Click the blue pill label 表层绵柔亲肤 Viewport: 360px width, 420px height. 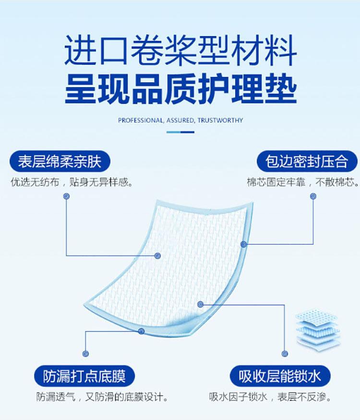(x=60, y=161)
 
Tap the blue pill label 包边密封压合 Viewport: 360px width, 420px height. (x=306, y=161)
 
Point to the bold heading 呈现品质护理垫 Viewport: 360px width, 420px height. (x=180, y=90)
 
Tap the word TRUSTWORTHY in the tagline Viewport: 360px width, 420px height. (x=220, y=120)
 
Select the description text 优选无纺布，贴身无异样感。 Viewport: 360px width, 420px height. (x=72, y=183)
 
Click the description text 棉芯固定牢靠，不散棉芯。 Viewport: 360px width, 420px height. (x=303, y=183)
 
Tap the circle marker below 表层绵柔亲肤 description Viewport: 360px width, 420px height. (x=66, y=196)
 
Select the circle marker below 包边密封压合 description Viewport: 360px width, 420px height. (x=313, y=196)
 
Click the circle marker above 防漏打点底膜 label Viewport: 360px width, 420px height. (x=86, y=354)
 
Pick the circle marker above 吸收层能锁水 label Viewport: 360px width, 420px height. (x=286, y=354)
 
